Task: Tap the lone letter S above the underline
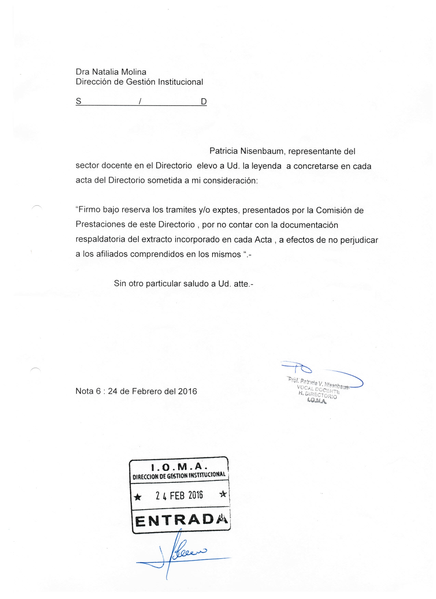coord(79,101)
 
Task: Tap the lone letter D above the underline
coord(204,101)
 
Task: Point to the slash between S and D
coord(140,101)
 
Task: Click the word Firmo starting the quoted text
coord(88,210)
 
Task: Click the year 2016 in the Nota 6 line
coord(187,391)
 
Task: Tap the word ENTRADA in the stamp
coord(181,520)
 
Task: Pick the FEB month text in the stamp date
coord(177,495)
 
